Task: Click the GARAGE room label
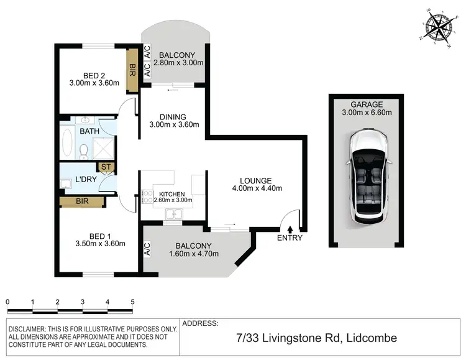point(365,104)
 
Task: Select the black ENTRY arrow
point(290,230)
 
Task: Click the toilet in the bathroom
point(84,150)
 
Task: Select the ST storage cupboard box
point(105,167)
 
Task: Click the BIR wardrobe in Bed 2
point(132,70)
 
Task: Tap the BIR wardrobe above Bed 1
point(82,201)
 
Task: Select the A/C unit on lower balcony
point(147,250)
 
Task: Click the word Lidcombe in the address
point(370,338)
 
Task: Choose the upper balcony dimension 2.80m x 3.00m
point(179,63)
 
